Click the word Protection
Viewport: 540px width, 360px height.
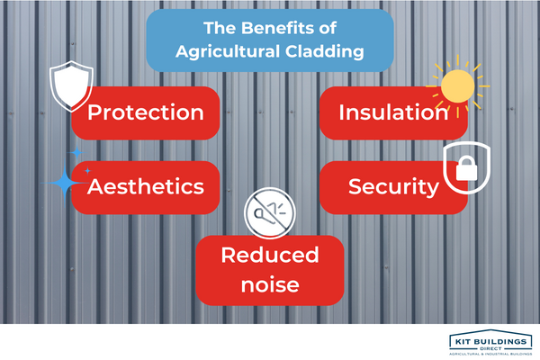point(146,112)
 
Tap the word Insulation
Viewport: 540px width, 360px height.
point(393,112)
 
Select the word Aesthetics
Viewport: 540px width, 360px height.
point(146,186)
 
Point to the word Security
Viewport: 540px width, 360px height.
point(393,187)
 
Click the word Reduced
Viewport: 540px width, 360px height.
point(270,255)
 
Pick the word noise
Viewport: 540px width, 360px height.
point(270,285)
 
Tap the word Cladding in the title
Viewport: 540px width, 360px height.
point(324,51)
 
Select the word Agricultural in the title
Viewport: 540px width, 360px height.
point(228,52)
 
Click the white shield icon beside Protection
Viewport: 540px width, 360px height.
point(71,86)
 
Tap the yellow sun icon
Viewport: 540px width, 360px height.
point(458,86)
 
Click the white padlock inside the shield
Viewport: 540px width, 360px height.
point(466,168)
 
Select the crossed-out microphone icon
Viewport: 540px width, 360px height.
point(270,213)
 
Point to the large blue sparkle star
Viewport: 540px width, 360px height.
point(65,183)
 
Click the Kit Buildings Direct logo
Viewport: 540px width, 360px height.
point(490,342)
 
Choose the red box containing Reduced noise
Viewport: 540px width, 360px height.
point(270,270)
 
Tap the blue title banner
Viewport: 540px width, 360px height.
point(270,40)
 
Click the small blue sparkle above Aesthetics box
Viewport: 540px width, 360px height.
point(76,152)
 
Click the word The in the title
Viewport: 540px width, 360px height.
point(220,28)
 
